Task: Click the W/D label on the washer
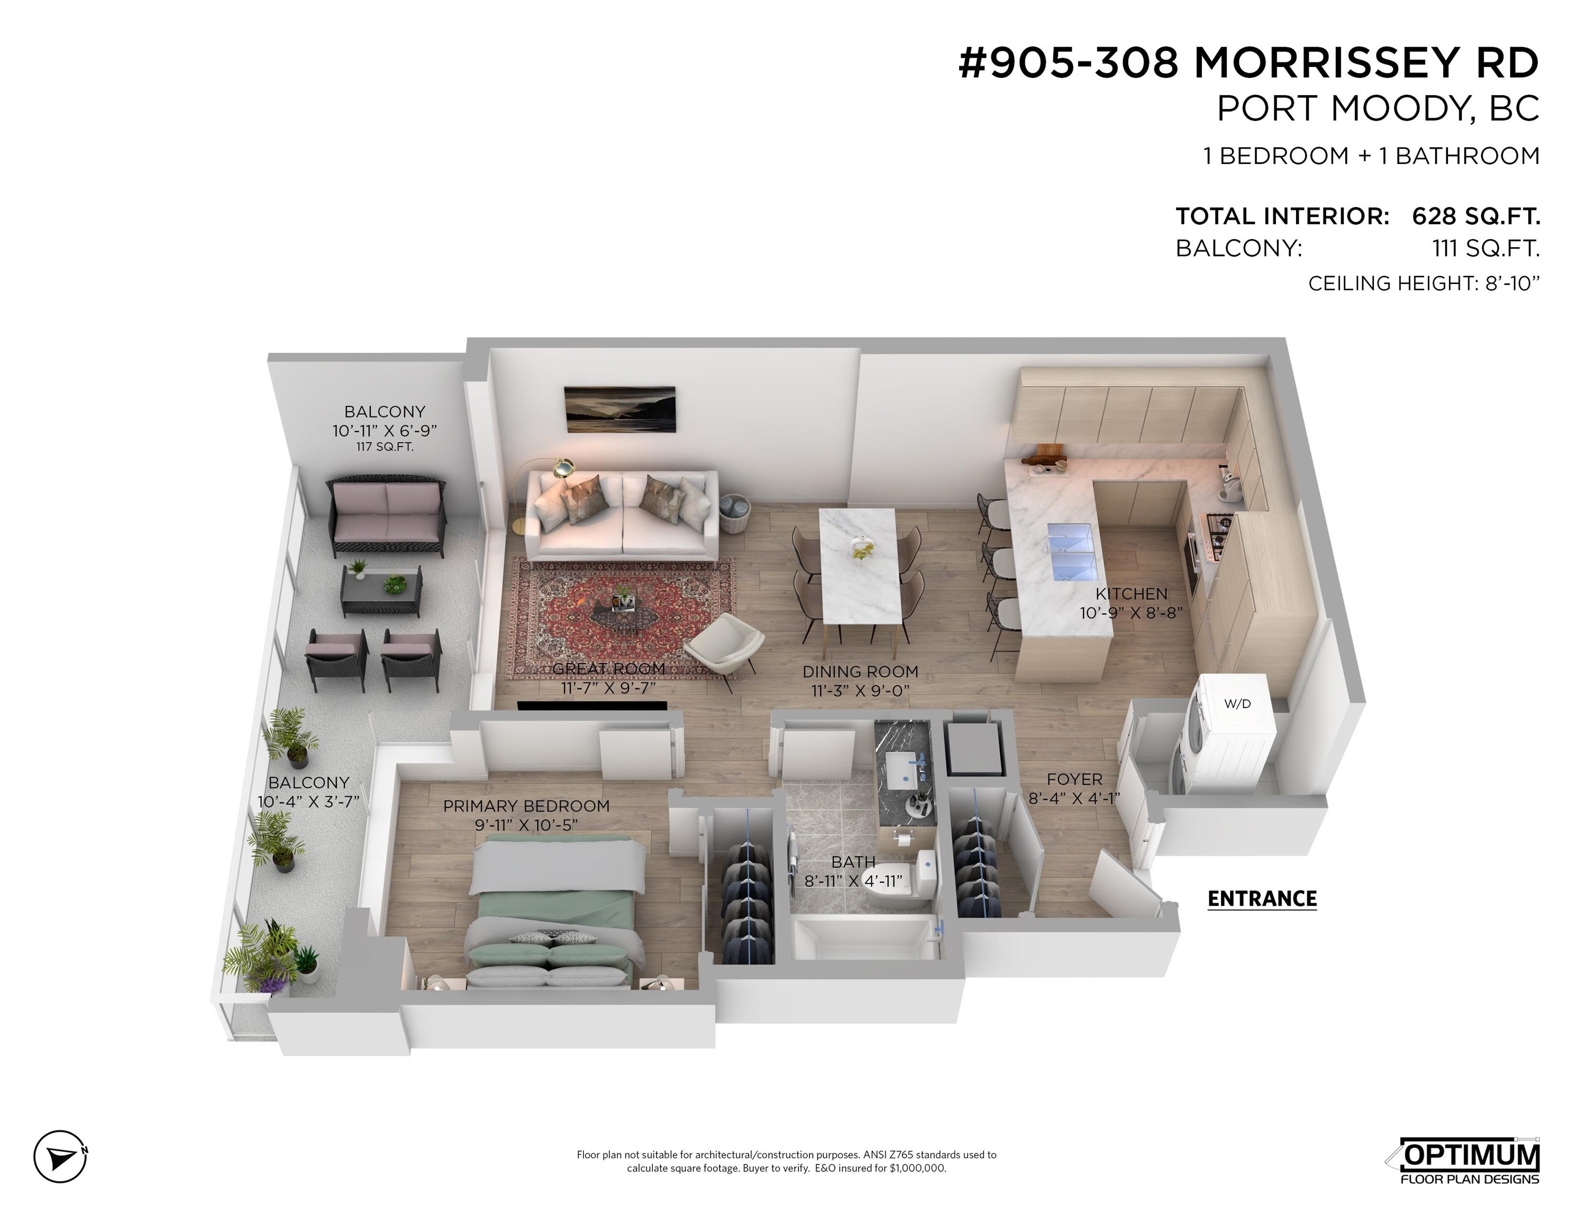pyautogui.click(x=1237, y=703)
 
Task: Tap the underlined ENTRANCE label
pyautogui.click(x=1262, y=898)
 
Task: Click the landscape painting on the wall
pyautogui.click(x=619, y=410)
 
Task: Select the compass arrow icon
pyautogui.click(x=61, y=1156)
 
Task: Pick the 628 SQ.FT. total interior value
pyautogui.click(x=1476, y=216)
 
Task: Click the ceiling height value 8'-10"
pyautogui.click(x=1512, y=283)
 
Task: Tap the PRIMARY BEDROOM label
pyautogui.click(x=526, y=806)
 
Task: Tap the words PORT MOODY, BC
pyautogui.click(x=1378, y=109)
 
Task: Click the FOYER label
pyautogui.click(x=1074, y=779)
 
